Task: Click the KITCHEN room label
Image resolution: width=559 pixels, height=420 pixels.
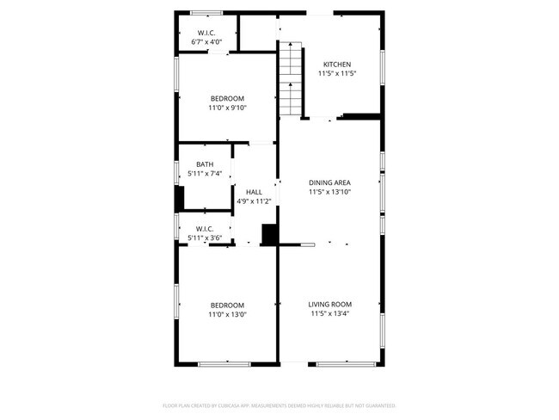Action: tap(337, 65)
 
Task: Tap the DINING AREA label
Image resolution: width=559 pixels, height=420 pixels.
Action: tap(330, 182)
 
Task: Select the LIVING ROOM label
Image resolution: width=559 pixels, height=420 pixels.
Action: tap(330, 304)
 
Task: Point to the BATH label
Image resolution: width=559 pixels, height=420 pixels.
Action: tap(205, 164)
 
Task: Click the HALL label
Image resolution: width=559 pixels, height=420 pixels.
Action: tap(254, 192)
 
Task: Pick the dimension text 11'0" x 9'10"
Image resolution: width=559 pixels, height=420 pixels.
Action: tap(227, 108)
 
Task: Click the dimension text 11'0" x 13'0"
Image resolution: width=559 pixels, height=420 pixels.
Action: tap(227, 315)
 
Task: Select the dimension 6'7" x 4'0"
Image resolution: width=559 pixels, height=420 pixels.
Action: tap(205, 43)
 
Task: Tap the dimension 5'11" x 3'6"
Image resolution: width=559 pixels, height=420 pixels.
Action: tap(205, 238)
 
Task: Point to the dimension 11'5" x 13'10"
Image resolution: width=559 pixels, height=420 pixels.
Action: tap(330, 192)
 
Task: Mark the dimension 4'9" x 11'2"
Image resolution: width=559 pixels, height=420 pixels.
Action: tap(254, 201)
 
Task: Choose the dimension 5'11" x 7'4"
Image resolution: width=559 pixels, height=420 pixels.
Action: tap(205, 174)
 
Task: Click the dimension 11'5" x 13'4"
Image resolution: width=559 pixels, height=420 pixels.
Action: tap(330, 314)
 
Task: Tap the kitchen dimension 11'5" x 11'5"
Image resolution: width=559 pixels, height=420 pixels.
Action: tap(337, 74)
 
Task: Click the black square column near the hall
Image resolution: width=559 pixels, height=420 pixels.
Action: tap(269, 234)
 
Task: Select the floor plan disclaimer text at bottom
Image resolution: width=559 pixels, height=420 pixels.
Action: tap(279, 405)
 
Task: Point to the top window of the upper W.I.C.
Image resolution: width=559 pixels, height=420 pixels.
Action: tap(205, 12)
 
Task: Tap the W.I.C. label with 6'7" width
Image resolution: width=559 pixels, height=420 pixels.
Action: tap(205, 34)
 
